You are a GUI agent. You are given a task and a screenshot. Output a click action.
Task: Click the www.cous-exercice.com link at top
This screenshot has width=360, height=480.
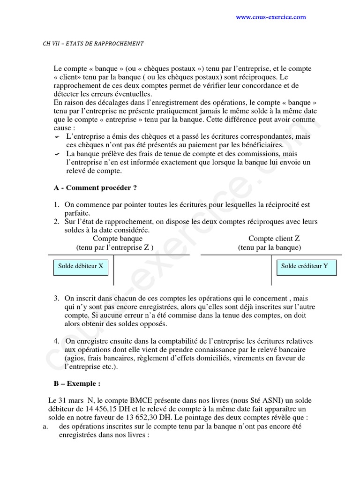pos(270,17)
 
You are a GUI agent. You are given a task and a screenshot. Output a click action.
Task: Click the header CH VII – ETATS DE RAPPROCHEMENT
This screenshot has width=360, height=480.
pos(93,44)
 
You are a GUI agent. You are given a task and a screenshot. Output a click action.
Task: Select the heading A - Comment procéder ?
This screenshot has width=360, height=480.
pos(95,188)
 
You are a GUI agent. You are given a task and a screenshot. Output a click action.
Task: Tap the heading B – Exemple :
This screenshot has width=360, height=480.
pos(77,383)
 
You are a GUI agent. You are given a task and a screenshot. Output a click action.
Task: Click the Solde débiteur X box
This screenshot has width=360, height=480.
pos(81,266)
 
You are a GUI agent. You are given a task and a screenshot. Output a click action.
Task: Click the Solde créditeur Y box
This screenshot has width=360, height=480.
pos(305,266)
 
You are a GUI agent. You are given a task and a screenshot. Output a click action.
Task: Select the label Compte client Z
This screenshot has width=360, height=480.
pos(274,239)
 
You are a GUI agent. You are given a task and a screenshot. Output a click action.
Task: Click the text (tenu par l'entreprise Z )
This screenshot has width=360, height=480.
pos(115,247)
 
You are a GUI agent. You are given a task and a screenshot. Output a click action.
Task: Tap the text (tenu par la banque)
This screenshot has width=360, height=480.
pos(270,247)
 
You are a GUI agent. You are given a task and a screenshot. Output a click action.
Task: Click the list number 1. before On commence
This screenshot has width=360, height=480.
pos(56,205)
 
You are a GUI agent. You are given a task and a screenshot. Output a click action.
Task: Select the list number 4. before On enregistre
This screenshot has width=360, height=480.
pos(56,341)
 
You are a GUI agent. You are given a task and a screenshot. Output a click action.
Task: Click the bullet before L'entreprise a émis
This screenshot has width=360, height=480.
pos(57,137)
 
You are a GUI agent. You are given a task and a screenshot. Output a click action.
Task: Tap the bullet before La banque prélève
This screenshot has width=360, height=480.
pos(57,154)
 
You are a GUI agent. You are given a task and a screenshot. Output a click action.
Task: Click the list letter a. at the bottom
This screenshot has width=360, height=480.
pos(45,426)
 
